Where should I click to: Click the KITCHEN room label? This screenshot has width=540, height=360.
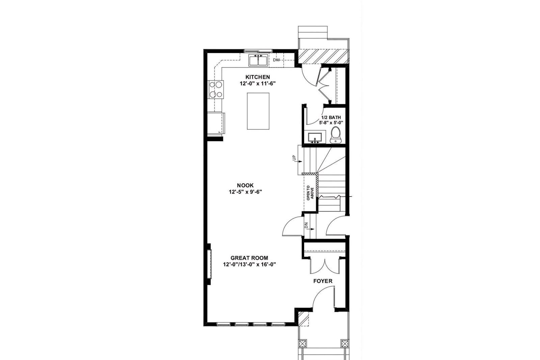pos(258,77)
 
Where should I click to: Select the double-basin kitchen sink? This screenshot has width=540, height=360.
pos(258,61)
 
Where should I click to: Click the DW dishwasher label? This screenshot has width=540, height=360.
pos(276,60)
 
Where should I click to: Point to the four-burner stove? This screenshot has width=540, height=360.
pos(216,90)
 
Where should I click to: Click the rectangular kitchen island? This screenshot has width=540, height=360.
pos(258,111)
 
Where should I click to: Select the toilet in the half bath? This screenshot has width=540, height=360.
pos(335,135)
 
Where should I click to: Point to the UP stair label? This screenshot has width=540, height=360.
pos(294,158)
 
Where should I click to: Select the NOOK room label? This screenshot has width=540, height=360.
pos(245,185)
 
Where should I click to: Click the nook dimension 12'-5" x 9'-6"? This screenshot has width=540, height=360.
pos(245,192)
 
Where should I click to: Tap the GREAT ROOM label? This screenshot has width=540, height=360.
pos(249,258)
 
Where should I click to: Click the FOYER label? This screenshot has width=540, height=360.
pos(323,281)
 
